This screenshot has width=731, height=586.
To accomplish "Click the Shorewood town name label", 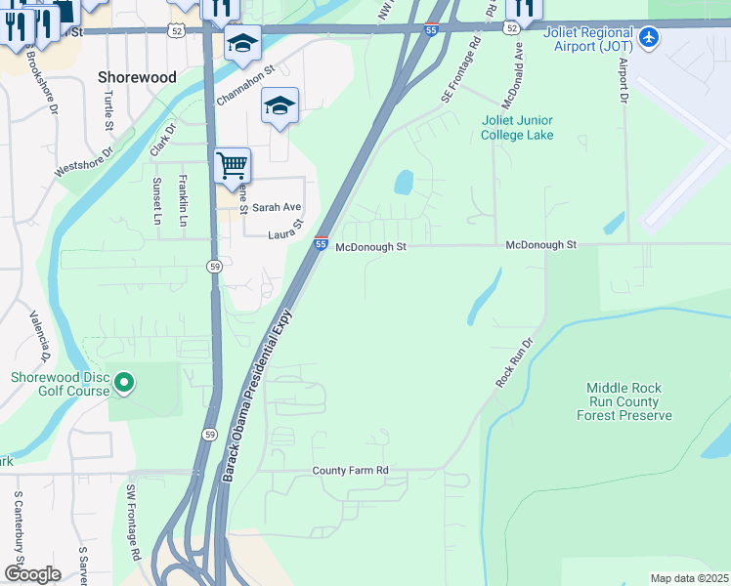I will coord(138,77).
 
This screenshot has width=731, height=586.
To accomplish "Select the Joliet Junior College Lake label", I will coord(517,127).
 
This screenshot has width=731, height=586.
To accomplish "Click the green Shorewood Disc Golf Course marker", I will coord(124,383).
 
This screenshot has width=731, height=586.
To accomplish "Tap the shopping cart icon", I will coord(233,164).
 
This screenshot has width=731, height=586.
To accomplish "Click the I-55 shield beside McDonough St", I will coord(321,243).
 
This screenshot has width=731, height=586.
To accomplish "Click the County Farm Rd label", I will coord(350,471).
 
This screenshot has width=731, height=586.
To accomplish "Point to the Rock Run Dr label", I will coord(515,363).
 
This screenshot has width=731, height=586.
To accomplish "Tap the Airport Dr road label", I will coord(622,80).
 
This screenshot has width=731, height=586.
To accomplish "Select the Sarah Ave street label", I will coord(277,208).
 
